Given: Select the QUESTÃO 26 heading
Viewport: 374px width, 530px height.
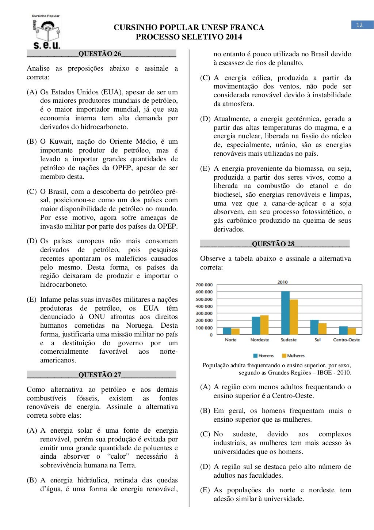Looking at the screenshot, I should coord(100,54).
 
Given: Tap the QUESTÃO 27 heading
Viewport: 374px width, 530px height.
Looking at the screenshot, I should coord(100,375).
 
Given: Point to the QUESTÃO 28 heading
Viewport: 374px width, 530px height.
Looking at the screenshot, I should coord(273,244).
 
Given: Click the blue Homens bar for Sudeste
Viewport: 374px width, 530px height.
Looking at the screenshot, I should coord(285,313).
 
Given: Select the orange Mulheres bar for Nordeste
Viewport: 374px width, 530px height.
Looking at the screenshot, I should coord(264,325).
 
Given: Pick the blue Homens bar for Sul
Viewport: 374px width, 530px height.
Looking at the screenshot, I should coord(314,327).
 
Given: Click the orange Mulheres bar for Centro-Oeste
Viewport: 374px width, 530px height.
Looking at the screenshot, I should coord(352,331).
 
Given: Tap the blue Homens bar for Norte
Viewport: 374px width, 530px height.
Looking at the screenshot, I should coord(227,331).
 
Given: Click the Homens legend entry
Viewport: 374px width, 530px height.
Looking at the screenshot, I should coord(263,356).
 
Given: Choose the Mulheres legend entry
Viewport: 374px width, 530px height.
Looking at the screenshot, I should coord(293,356).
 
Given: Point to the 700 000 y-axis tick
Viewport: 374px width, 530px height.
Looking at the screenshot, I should coord(204,285).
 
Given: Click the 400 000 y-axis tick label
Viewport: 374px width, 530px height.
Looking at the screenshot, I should coord(204,306).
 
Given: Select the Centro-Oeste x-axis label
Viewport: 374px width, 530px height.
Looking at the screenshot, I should coord(346,340).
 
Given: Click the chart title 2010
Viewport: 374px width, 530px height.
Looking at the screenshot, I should coord(282,282).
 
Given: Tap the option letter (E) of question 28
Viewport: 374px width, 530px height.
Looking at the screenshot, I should coord(205,490).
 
